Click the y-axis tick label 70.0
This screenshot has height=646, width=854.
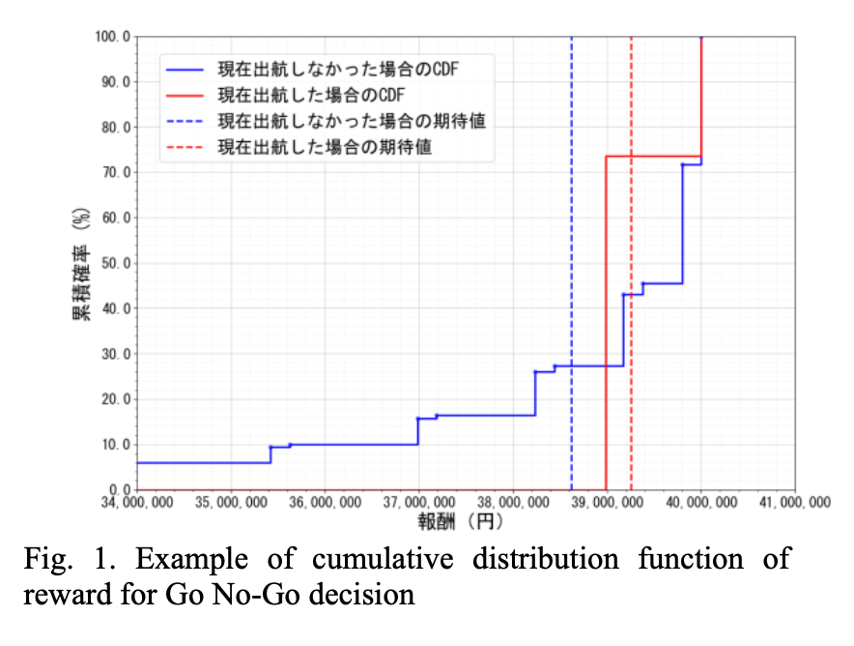[x=114, y=172]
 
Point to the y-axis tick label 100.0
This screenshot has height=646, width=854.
[x=111, y=37]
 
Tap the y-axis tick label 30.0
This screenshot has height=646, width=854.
[x=114, y=354]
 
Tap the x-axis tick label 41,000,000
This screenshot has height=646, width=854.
[x=793, y=503]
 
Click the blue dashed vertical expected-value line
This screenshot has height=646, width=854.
[x=571, y=242]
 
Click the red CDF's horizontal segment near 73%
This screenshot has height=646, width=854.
[x=652, y=157]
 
